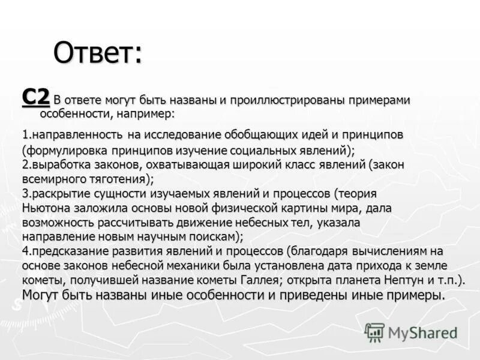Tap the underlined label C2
[35, 97]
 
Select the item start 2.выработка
[56, 164]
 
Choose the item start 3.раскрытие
[56, 193]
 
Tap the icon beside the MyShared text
[374, 332]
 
